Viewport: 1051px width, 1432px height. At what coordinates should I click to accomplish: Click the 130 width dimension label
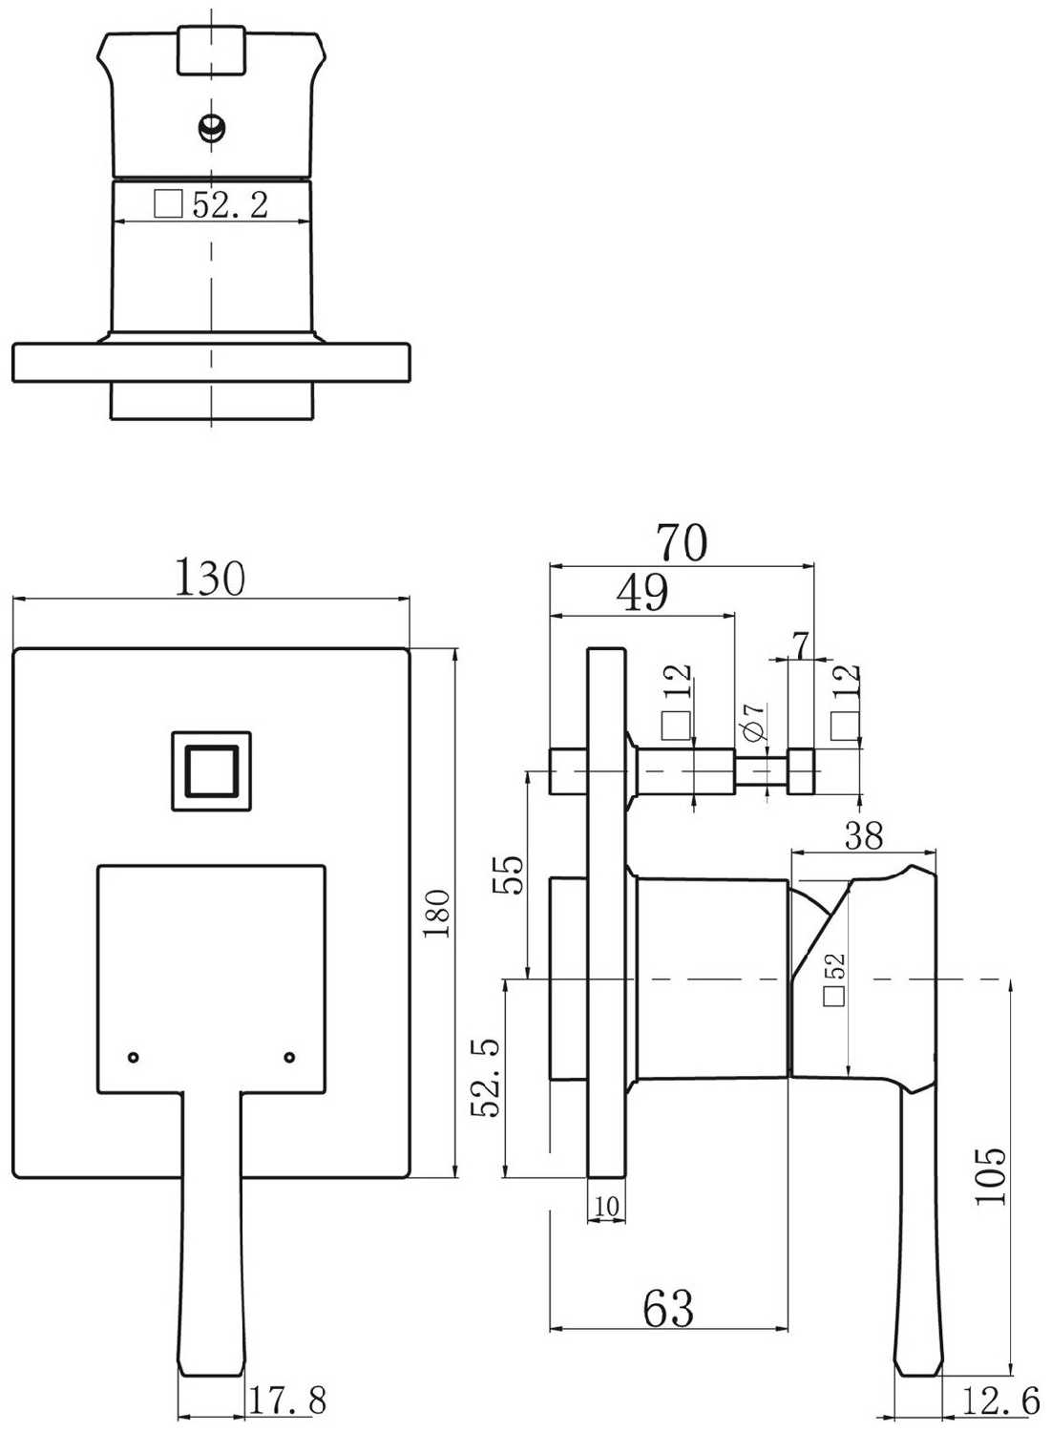coord(210,578)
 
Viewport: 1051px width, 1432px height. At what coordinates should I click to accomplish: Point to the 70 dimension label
coord(683,543)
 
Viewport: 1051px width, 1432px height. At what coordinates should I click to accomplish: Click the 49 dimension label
coord(642,593)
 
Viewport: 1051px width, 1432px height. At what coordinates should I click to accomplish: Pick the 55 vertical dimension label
coord(508,874)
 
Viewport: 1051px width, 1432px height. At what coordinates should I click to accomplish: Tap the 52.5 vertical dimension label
coord(487,1078)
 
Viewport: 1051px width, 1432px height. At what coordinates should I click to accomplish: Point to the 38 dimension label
coord(864,835)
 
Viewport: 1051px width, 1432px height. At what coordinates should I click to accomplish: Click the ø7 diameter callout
coord(753,721)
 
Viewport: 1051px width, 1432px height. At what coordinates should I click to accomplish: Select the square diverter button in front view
coord(211,771)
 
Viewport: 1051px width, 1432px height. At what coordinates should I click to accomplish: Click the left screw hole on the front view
coord(133,1057)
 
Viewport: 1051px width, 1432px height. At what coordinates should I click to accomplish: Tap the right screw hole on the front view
coord(289,1057)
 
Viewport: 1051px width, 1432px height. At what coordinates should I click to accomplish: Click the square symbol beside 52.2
coord(169,204)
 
